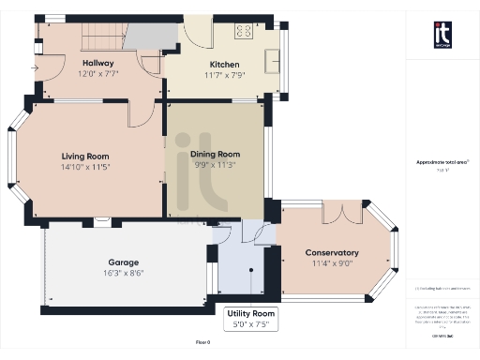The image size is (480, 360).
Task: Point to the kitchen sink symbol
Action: pos(273,60)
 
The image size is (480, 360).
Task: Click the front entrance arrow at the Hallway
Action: pos(35,68)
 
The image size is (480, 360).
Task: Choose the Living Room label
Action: pos(85,156)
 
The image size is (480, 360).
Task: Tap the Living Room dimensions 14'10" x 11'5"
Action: pos(85,167)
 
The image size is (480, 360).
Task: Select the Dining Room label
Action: pos(216,154)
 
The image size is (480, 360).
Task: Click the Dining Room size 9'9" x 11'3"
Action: pos(216,165)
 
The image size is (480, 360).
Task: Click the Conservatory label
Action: pos(332,252)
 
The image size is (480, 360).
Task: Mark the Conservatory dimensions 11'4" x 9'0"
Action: pos(332,263)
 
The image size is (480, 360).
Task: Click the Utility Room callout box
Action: pos(250,318)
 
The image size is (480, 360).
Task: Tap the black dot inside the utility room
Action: pos(250,270)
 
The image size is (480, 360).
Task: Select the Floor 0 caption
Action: pos(203,343)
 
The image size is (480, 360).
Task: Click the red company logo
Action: pos(443,35)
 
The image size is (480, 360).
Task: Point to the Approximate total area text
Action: pos(442,162)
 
